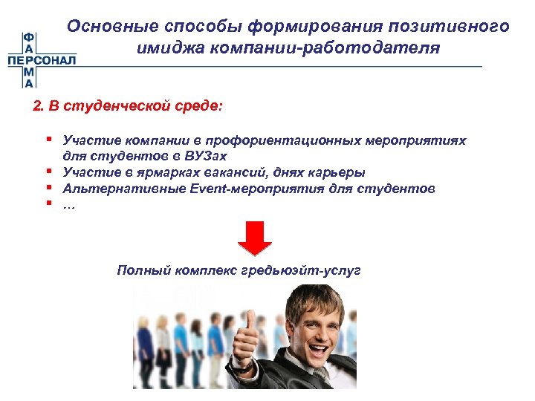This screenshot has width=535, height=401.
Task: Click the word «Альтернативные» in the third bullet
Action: tap(111, 189)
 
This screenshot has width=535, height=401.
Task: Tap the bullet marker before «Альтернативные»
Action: tap(47, 189)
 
